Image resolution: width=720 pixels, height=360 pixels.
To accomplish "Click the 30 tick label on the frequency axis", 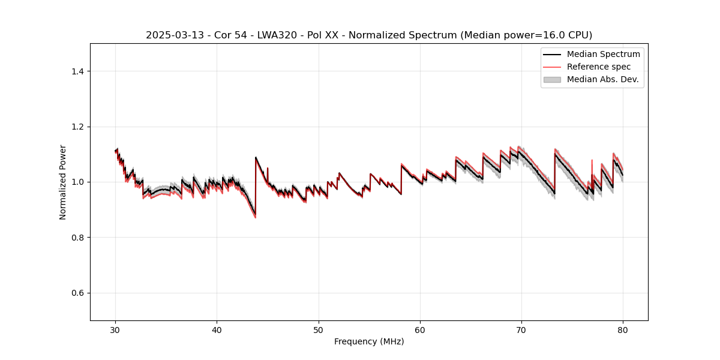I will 116,330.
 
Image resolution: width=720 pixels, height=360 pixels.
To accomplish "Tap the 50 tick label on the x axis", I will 319,330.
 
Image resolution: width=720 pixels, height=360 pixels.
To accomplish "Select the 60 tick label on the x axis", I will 420,330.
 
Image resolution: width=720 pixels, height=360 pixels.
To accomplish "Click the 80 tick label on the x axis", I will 623,330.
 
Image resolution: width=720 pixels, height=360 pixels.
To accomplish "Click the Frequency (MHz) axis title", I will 369,342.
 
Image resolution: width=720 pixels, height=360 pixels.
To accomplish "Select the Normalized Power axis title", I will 63,182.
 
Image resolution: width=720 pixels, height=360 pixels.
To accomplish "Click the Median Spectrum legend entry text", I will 603,55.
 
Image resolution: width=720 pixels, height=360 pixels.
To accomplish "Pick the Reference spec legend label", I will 599,67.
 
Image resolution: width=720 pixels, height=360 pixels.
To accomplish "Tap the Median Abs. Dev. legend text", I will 602,79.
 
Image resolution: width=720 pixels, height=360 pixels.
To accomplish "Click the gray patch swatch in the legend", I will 552,79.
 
